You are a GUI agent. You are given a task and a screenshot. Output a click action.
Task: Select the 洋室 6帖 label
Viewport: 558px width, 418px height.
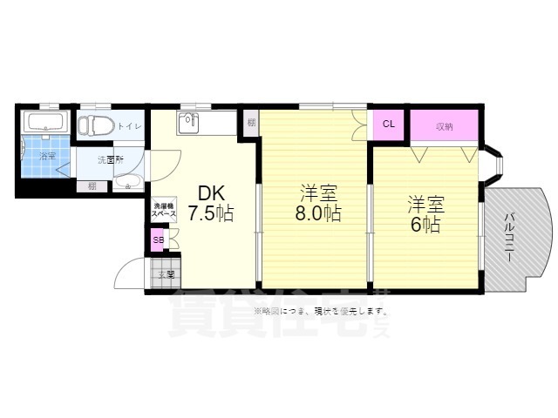click(x=425, y=214)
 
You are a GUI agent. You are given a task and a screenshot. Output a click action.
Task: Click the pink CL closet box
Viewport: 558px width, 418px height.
click(x=389, y=124)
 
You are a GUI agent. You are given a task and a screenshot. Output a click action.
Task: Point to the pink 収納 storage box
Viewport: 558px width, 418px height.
click(x=444, y=125)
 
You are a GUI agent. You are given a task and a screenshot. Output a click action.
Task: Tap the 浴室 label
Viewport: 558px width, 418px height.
click(x=45, y=157)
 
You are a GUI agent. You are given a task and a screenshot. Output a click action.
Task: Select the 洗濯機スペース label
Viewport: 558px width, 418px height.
click(x=164, y=209)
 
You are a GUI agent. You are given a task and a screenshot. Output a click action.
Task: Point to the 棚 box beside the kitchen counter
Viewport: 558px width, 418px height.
click(x=250, y=123)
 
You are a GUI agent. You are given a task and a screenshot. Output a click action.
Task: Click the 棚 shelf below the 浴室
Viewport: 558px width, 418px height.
click(x=91, y=185)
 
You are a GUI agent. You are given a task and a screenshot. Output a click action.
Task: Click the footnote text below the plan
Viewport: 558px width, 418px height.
click(x=321, y=311)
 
